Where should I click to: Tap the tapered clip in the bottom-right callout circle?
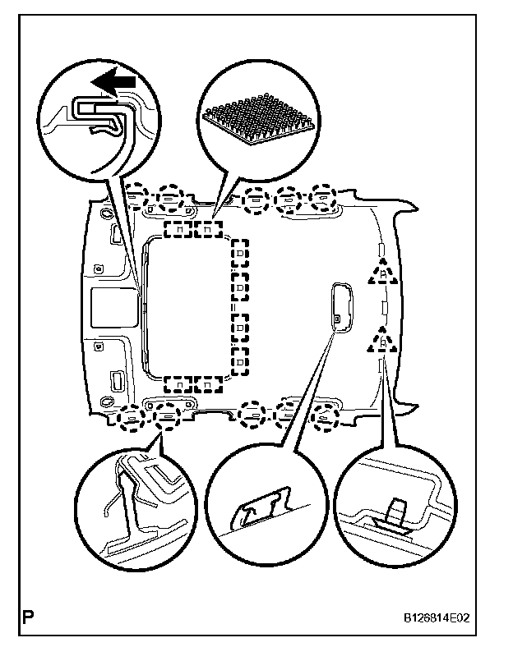tap(396, 511)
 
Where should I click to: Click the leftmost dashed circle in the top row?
tap(137, 196)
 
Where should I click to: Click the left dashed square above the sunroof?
tap(178, 228)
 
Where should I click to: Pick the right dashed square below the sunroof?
tap(209, 384)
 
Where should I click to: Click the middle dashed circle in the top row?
tap(255, 198)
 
